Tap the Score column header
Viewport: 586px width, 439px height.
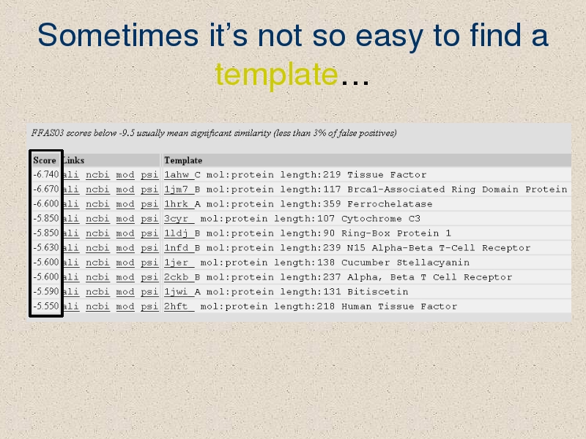click(x=45, y=160)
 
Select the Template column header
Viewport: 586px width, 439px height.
click(x=183, y=160)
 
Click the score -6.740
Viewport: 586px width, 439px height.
click(x=46, y=174)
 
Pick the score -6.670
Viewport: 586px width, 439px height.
click(x=46, y=189)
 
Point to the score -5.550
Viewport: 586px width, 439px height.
click(x=46, y=306)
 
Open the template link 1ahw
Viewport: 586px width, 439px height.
click(x=177, y=175)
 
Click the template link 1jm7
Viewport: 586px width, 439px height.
click(x=177, y=190)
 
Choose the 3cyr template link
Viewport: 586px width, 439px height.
click(x=176, y=219)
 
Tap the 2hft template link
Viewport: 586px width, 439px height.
click(x=176, y=307)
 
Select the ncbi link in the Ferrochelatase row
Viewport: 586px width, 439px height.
click(x=97, y=204)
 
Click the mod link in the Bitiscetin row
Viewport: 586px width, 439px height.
click(x=125, y=292)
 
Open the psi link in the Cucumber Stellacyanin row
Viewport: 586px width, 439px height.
click(x=149, y=263)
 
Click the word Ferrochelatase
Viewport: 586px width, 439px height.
click(x=390, y=204)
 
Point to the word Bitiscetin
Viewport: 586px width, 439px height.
click(x=378, y=292)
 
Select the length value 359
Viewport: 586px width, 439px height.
click(x=332, y=204)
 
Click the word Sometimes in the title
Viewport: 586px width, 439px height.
click(x=118, y=35)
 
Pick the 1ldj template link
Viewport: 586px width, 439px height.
click(x=176, y=233)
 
